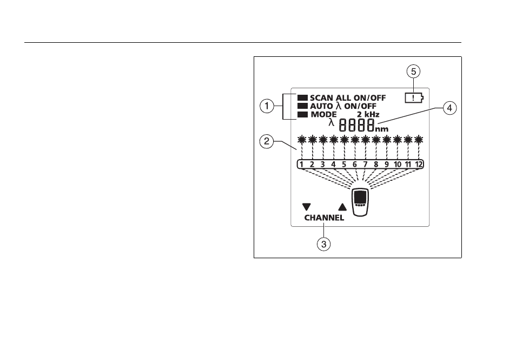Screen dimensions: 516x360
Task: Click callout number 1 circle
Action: coord(267,107)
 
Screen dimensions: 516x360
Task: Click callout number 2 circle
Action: coord(267,142)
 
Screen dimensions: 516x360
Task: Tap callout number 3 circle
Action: coord(324,244)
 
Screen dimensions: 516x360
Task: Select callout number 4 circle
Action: coord(450,108)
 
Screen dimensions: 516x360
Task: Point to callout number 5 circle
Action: coord(414,71)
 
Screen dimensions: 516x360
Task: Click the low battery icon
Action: coord(414,98)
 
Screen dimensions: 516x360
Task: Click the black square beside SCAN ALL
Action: coord(302,98)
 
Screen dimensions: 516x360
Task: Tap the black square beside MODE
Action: coord(302,115)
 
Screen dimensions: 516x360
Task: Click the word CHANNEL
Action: coord(324,218)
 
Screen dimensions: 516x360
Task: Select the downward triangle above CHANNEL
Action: coord(306,207)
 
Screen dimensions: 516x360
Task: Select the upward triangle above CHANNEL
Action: coord(342,207)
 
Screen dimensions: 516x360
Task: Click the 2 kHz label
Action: coord(368,115)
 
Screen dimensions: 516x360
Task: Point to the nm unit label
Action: coord(382,129)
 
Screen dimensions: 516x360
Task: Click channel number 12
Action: coord(419,165)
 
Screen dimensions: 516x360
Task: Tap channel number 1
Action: coord(301,165)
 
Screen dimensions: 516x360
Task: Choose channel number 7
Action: coord(365,165)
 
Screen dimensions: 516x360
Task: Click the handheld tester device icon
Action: coord(360,202)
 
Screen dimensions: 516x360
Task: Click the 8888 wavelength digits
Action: coord(357,126)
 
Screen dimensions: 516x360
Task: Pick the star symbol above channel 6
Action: coord(355,140)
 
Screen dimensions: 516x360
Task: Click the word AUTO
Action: coord(321,106)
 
